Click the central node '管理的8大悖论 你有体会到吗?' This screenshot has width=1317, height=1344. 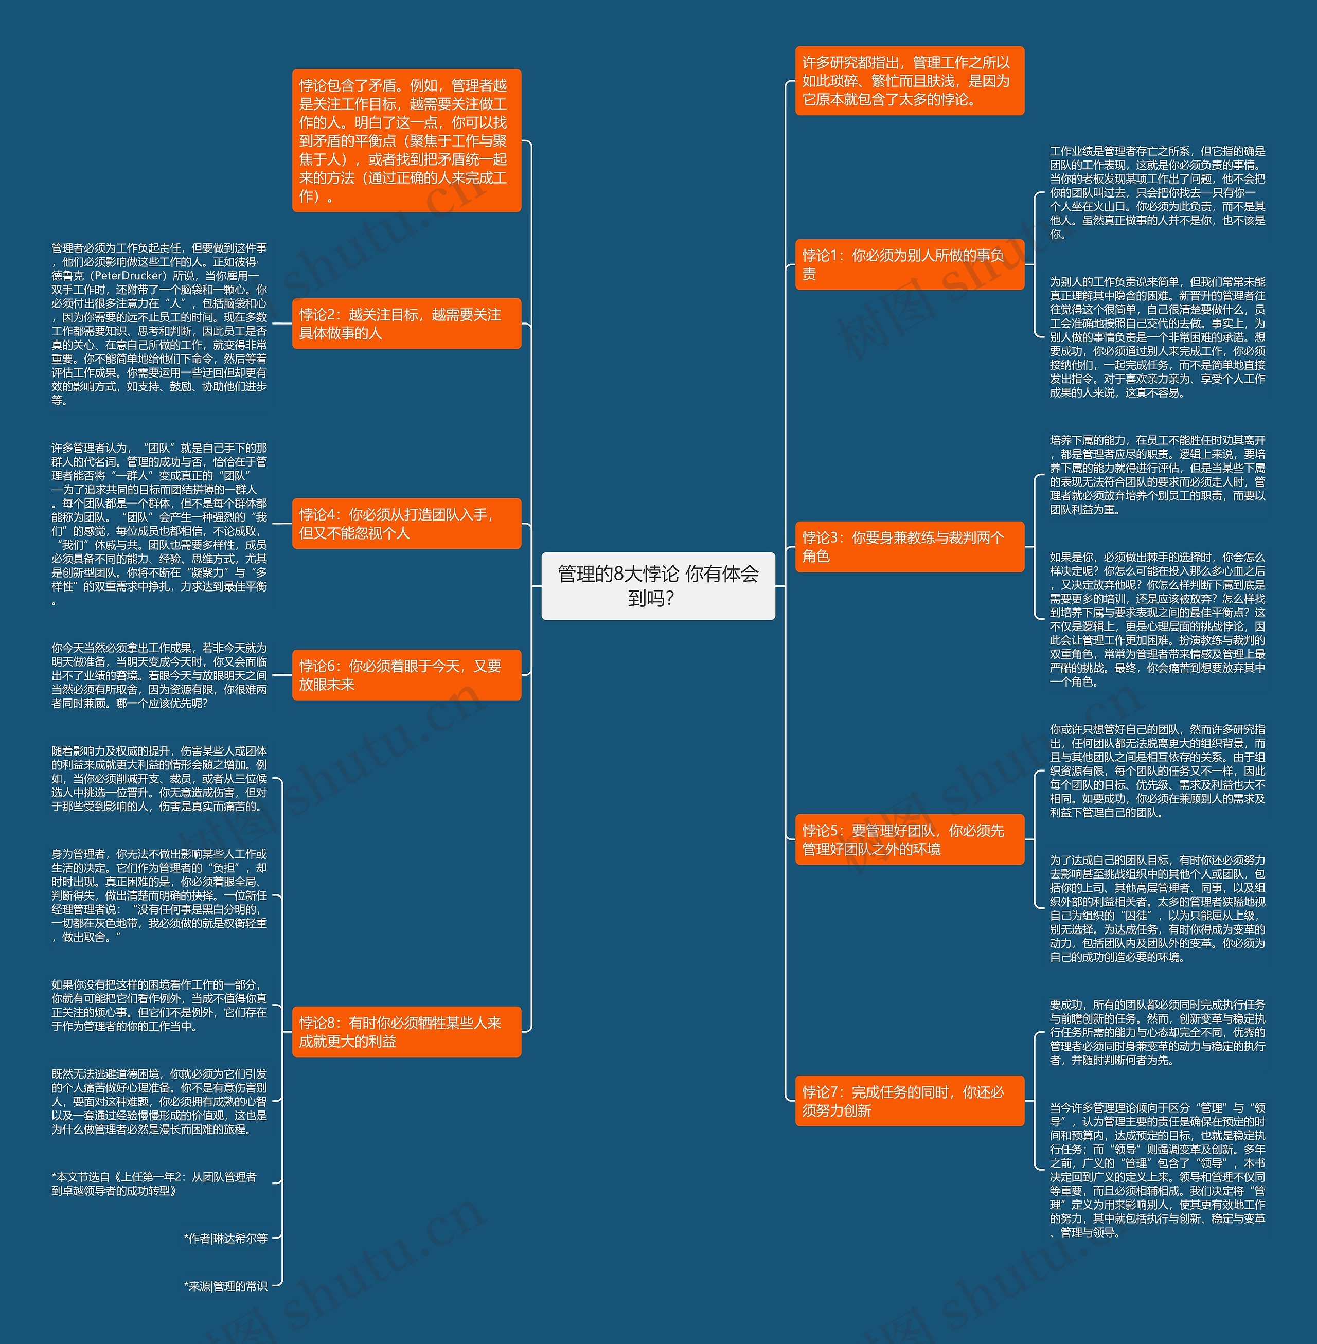[658, 586]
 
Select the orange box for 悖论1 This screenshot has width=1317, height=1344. [909, 264]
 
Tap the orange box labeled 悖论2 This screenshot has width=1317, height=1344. [406, 324]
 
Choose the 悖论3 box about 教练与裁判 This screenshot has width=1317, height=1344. [909, 546]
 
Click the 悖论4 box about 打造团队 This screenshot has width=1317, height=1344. [406, 524]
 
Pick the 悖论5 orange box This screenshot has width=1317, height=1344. [909, 839]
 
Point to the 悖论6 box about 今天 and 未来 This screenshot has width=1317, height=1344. [406, 675]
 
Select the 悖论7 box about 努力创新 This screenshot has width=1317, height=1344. [909, 1101]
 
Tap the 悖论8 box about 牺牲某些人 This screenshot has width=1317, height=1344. [406, 1031]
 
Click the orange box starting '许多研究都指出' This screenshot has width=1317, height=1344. [909, 81]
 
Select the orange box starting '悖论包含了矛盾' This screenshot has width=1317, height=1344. [406, 140]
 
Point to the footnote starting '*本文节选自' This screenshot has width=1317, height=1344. [154, 1184]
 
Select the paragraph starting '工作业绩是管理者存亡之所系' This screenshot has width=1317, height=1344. [1157, 192]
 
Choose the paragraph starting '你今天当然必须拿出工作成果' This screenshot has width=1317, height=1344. [159, 675]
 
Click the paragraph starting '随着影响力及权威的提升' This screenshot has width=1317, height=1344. [159, 778]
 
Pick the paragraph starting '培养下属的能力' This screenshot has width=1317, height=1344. [1157, 475]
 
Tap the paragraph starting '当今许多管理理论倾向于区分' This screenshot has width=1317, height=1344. [1157, 1170]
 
